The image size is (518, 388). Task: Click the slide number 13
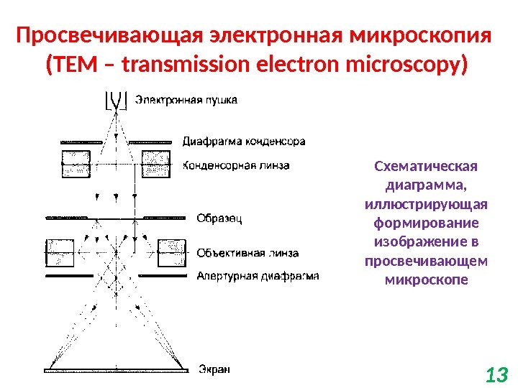point(496,374)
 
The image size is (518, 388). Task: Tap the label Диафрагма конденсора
point(244,141)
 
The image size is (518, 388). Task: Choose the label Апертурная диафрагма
point(258,275)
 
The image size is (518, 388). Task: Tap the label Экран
point(214,370)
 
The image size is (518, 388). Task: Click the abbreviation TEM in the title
point(71,66)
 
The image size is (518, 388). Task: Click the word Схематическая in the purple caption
point(426,167)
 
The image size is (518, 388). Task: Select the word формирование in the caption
point(426,223)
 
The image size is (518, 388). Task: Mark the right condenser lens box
point(156,165)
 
